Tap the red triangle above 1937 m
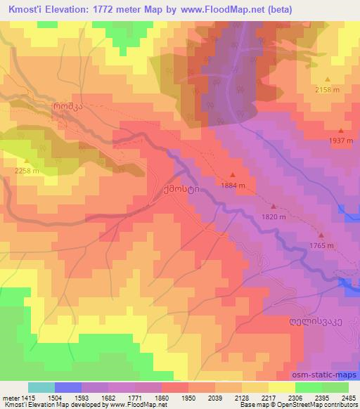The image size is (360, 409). (x=341, y=130)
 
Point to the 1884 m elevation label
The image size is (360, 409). (x=233, y=186)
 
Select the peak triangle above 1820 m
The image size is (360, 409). (x=274, y=207)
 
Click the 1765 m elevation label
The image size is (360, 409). (x=321, y=245)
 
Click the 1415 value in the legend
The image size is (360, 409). (x=22, y=398)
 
